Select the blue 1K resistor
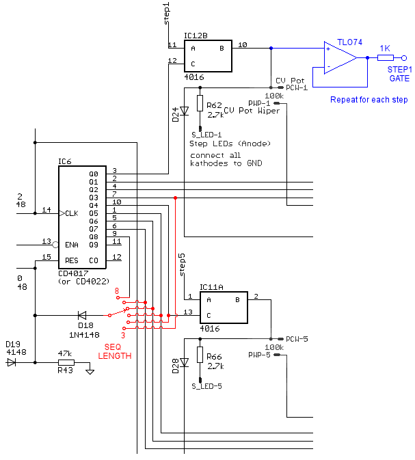coord(386,58)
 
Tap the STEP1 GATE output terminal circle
coord(404,58)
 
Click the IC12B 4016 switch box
coord(208,56)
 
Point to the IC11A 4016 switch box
coord(224,308)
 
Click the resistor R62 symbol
coord(200,103)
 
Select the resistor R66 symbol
coord(200,354)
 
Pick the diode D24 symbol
coord(185,111)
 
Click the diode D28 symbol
coord(185,362)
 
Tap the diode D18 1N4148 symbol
coord(82,315)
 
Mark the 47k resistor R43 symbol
coord(66,363)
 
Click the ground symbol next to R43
coord(90,372)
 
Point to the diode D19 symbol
coord(12,363)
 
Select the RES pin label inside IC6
coord(72,260)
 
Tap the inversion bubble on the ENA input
coord(55,245)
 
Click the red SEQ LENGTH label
coord(115,351)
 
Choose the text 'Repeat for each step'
coord(369,100)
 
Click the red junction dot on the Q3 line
coord(175,198)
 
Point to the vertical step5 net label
coord(183,265)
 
